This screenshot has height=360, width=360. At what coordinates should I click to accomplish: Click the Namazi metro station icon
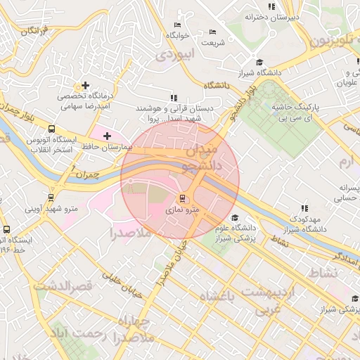point(182,199)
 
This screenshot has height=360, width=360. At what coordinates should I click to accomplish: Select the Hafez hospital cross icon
point(107,135)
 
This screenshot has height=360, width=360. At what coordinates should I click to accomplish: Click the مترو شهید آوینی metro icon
point(50,198)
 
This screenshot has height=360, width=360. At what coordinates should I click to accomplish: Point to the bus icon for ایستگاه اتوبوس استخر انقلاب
point(51,129)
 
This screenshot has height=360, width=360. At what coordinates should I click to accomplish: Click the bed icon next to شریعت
point(213,32)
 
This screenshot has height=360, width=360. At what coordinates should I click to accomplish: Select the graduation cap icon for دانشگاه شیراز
point(259,62)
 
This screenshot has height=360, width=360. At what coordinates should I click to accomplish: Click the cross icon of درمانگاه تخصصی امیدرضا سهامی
point(85,85)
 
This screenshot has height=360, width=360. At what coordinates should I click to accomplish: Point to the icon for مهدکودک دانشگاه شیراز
point(304,208)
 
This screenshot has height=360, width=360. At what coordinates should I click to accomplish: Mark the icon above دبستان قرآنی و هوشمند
point(173,98)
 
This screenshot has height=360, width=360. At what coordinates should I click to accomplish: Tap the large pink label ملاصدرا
point(131,233)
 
